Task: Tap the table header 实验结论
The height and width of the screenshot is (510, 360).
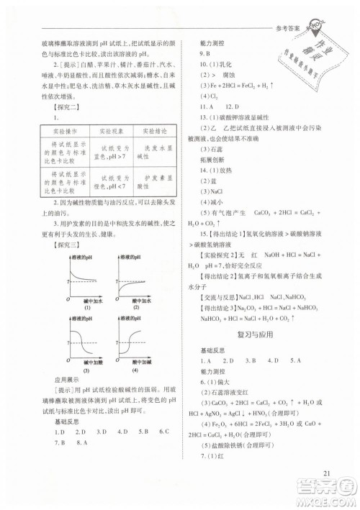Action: click(x=153, y=131)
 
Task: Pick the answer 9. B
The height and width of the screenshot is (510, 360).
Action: click(x=206, y=54)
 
